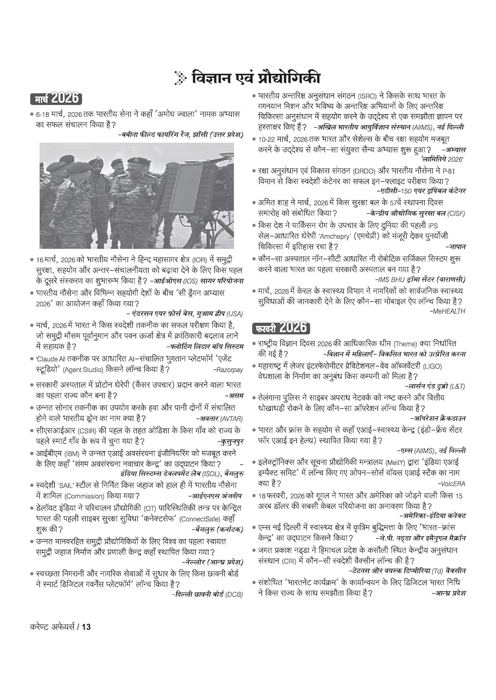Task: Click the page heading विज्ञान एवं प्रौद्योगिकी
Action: (x=256, y=78)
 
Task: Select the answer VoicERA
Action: (x=451, y=484)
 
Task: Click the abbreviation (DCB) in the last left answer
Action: (x=234, y=595)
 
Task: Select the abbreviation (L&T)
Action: (x=457, y=386)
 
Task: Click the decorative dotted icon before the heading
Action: (x=179, y=78)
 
